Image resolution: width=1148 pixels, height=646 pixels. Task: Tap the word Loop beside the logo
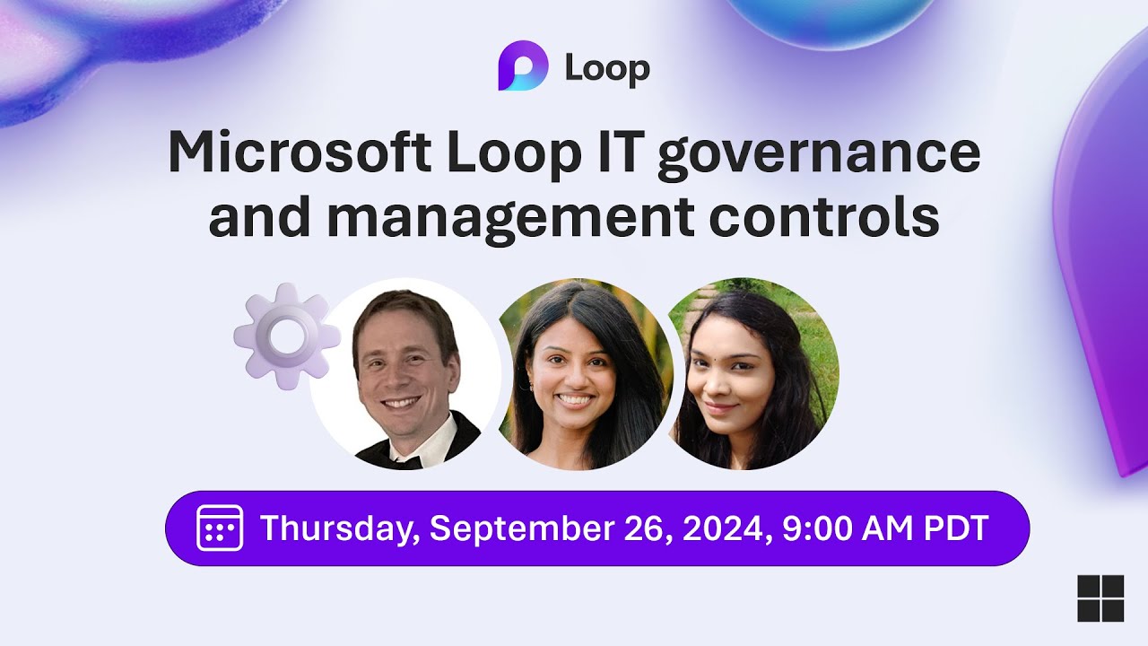pos(606,70)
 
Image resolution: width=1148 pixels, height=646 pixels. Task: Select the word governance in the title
pos(818,154)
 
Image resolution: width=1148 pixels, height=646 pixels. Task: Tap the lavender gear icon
pos(287,336)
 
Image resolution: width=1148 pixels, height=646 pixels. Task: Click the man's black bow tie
pos(399,458)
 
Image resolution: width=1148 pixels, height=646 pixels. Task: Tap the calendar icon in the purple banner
pos(220,528)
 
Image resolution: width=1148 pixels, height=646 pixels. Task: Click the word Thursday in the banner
pos(339,528)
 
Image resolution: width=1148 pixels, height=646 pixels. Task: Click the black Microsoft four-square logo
pos(1100,598)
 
